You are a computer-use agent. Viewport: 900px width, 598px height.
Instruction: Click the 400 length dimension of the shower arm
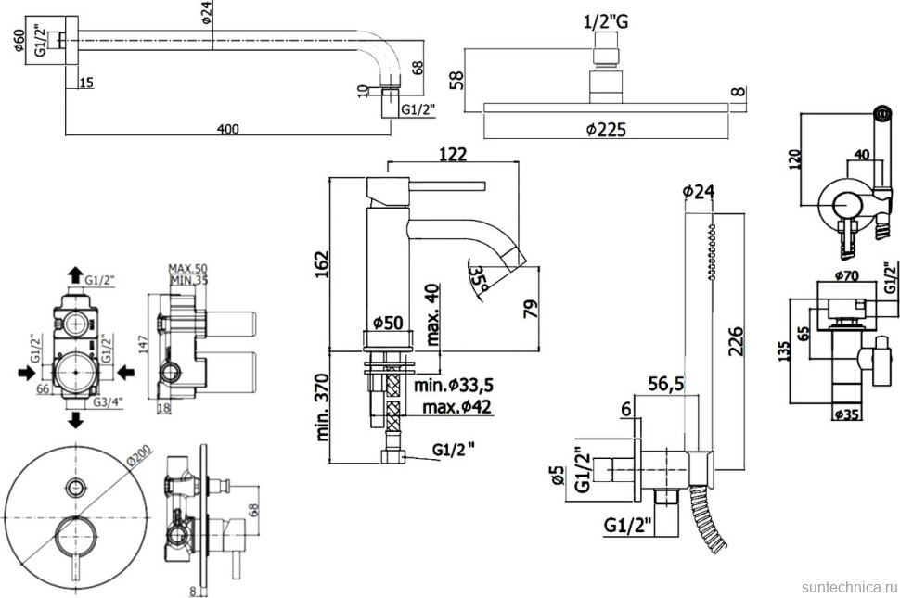tap(228, 129)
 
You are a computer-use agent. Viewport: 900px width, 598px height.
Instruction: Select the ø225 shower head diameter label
tap(606, 130)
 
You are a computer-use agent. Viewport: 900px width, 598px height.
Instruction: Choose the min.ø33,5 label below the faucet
tap(454, 385)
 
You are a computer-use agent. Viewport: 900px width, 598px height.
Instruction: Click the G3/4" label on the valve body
tap(109, 403)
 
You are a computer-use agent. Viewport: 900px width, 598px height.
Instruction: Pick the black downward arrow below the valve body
tap(74, 420)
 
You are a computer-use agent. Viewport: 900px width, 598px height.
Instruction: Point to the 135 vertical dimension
tap(785, 351)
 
